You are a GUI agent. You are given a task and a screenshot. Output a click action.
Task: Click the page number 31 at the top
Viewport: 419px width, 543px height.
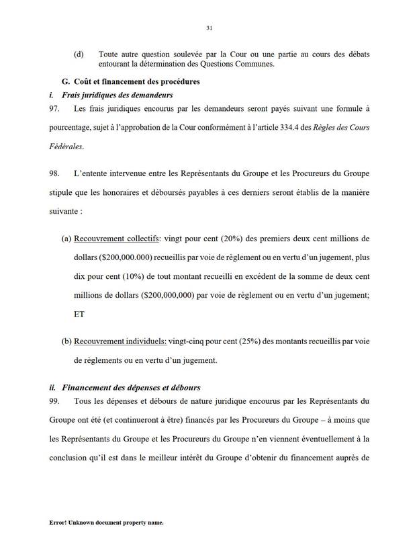point(209,28)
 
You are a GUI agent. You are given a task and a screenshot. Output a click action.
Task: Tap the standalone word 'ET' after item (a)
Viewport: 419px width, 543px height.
point(80,313)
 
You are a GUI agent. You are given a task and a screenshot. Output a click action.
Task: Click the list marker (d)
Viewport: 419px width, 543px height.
point(79,53)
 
